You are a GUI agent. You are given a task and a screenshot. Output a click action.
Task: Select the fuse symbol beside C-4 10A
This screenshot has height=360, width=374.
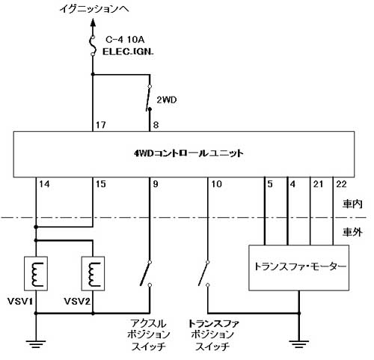tap(93, 46)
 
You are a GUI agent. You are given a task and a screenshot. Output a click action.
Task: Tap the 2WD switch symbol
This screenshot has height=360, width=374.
tap(149, 98)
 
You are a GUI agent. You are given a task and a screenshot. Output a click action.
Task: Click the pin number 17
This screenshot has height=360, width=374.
tap(101, 125)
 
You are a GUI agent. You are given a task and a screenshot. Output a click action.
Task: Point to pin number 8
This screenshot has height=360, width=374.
tap(156, 125)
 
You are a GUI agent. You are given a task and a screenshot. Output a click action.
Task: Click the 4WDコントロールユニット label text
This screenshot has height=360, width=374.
tap(188, 153)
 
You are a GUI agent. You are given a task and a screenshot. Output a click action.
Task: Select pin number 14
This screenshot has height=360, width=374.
tap(44, 184)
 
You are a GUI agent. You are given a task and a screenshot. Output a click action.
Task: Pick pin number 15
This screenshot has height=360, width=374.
tap(101, 184)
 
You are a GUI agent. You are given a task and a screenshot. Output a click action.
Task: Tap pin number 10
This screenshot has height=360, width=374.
tap(216, 184)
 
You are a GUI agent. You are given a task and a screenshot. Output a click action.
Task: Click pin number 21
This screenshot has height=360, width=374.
tap(318, 184)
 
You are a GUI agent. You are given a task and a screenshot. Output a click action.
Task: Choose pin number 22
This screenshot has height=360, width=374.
tap(341, 184)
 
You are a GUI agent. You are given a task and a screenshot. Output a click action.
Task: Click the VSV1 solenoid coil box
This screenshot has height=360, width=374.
tap(36, 273)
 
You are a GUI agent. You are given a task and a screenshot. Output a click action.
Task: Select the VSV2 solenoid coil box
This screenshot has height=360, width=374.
tap(93, 273)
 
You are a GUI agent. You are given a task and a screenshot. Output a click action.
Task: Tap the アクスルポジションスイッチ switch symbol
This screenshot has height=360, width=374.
tap(146, 273)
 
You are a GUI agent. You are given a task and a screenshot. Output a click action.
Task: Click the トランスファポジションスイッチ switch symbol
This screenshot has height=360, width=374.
tap(204, 273)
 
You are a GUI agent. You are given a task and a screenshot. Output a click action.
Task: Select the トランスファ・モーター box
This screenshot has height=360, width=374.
tap(298, 268)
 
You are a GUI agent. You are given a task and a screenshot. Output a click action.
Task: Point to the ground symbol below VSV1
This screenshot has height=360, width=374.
tap(36, 344)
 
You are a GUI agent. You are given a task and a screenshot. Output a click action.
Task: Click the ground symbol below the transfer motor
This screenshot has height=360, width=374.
tap(299, 344)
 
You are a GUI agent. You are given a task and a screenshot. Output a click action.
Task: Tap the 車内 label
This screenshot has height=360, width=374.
tap(352, 204)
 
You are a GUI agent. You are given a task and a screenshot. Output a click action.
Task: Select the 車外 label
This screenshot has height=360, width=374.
tap(352, 232)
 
